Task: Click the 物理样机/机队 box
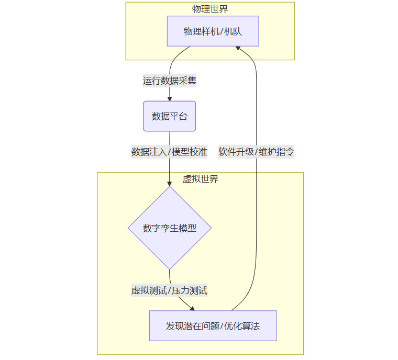pos(213,31)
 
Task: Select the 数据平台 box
pos(169,116)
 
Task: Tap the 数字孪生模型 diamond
pos(169,228)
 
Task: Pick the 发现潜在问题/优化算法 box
pos(213,326)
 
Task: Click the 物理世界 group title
pos(209,9)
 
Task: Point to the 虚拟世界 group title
pos(200,179)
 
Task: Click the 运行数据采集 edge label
pos(169,81)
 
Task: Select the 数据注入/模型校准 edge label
pos(169,152)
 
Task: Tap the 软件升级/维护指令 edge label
pos(256,152)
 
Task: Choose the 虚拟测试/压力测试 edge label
pos(169,290)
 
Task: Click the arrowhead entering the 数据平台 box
pos(169,99)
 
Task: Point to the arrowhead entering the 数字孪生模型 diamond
pos(169,184)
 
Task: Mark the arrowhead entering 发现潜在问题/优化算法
pos(192,309)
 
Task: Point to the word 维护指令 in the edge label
pos(277,152)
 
